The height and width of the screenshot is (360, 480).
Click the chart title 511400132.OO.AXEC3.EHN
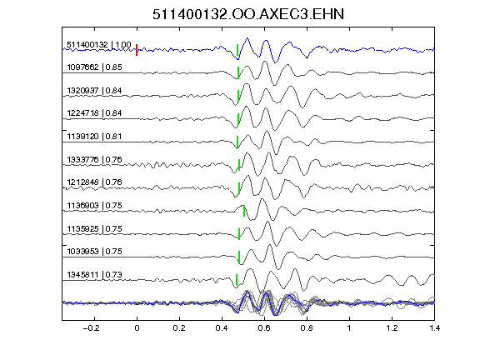248,14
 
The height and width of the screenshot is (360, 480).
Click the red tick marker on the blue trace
137,50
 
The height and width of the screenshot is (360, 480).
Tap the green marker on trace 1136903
244,211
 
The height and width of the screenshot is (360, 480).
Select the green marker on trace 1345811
237,280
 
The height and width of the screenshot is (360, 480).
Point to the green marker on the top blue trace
237,50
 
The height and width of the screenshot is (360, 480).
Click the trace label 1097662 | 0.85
95,67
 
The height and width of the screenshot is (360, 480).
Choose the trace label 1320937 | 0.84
95,91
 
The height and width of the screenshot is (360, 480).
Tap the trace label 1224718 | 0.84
95,113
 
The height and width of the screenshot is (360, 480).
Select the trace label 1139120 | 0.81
95,136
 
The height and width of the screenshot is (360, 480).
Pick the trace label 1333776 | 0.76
95,160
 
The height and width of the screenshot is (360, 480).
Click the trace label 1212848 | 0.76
95,182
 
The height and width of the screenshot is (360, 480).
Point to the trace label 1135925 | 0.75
95,229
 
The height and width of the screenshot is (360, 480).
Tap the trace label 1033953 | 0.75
95,252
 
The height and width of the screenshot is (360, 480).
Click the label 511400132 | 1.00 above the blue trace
99,45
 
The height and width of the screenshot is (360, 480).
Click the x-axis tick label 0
137,328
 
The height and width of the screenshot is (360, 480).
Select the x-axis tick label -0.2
92,328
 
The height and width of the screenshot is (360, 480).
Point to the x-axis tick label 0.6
264,328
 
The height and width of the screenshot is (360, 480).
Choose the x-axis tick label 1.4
434,328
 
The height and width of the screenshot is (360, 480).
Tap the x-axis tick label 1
349,328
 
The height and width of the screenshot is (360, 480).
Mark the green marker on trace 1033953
239,257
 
